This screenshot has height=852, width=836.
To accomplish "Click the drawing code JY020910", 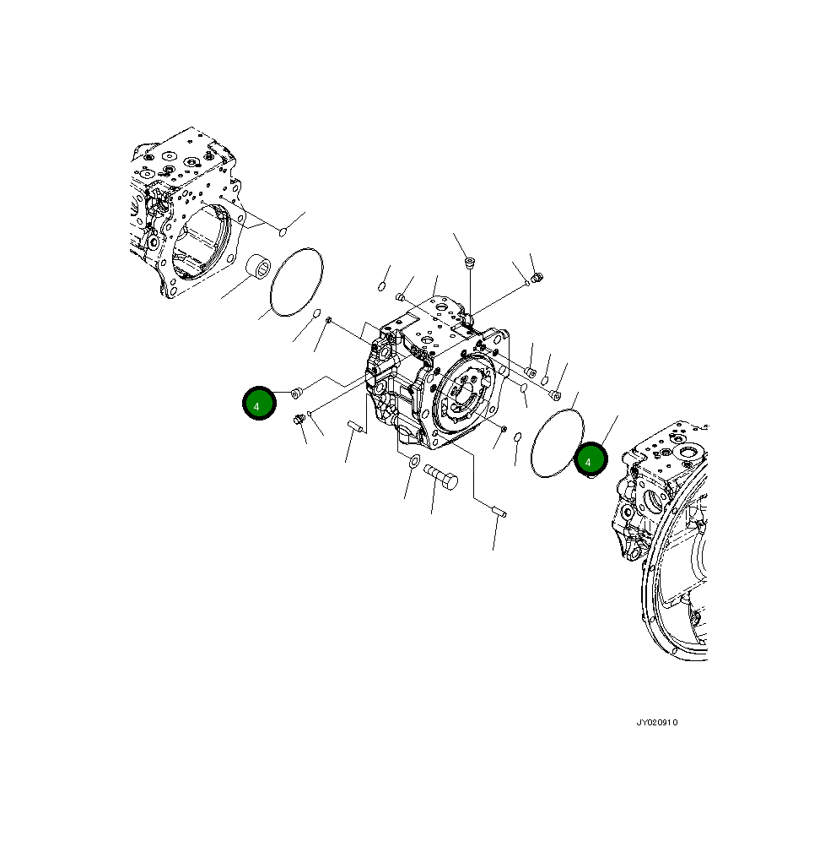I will (x=657, y=723).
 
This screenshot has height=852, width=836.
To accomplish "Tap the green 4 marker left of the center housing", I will (x=260, y=404).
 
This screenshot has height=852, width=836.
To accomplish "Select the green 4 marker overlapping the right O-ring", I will (x=590, y=460).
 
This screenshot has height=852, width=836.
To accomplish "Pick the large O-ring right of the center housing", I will (x=558, y=444).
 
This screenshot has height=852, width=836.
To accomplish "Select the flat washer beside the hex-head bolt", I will (x=413, y=461).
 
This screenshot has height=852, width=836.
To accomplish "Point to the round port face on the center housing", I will (x=467, y=399).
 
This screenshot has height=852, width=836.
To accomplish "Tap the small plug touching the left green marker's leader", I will (x=297, y=393).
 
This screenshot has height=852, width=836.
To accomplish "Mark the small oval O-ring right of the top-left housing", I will (x=283, y=230).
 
